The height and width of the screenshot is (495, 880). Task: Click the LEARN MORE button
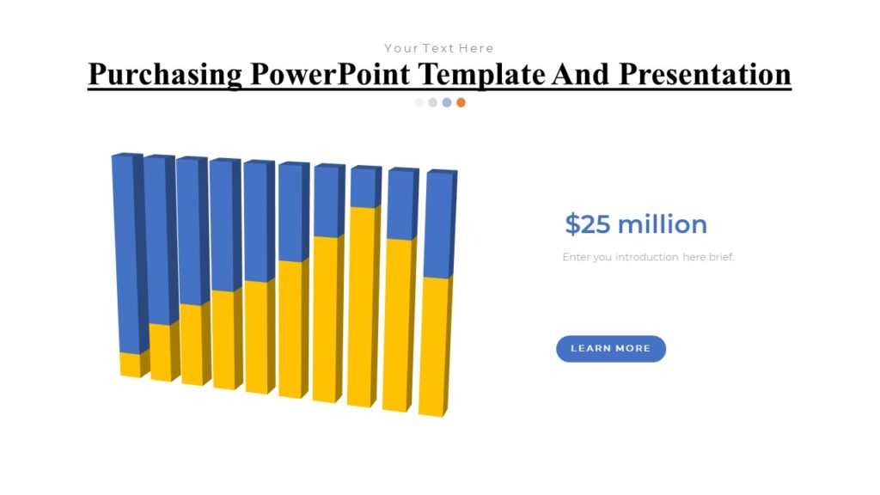610,348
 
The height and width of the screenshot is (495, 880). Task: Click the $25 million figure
636,224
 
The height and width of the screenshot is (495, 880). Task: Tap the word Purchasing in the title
165,74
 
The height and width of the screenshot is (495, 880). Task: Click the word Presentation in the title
705,74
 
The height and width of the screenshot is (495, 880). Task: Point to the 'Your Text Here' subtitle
438,48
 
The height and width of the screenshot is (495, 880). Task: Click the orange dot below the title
461,102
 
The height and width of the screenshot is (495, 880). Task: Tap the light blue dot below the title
447,102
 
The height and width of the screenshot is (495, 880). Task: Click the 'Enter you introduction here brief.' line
648,257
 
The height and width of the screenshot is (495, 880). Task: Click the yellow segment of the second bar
160,352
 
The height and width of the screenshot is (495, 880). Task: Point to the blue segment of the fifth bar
258,222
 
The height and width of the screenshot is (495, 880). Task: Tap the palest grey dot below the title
419,102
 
